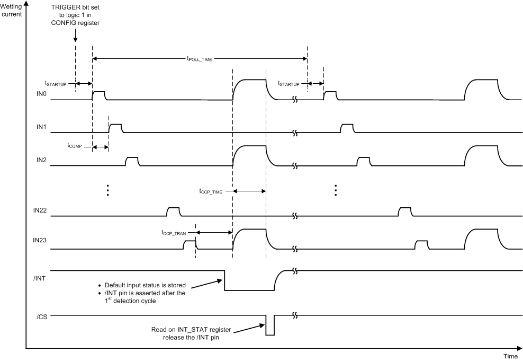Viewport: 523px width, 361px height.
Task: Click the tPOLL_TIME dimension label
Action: [x=200, y=60]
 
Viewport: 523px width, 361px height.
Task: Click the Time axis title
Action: [x=510, y=356]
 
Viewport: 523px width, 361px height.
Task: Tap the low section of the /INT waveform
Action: [x=249, y=289]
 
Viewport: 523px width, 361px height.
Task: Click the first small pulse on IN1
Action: [x=115, y=127]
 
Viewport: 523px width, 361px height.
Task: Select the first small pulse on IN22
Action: [x=173, y=212]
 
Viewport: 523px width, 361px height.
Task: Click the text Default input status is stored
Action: [x=145, y=285]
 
